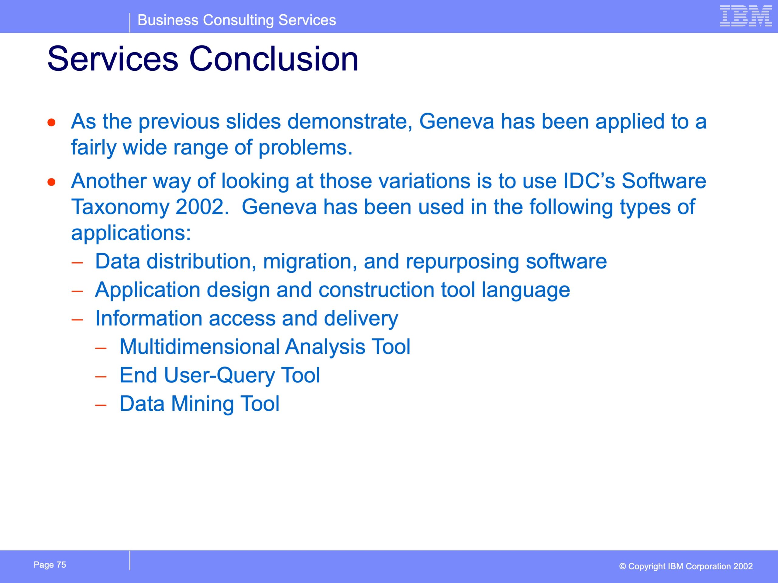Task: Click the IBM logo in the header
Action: (x=746, y=16)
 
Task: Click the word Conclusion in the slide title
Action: (x=274, y=59)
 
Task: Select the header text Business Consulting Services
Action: (x=237, y=20)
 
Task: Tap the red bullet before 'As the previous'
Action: (x=52, y=122)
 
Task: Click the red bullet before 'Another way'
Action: (x=52, y=182)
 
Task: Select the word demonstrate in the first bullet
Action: (x=349, y=121)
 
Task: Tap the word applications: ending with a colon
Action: (x=131, y=233)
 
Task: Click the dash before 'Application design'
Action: (x=77, y=291)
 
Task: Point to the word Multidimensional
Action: (x=199, y=346)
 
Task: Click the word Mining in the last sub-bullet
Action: (x=202, y=404)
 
